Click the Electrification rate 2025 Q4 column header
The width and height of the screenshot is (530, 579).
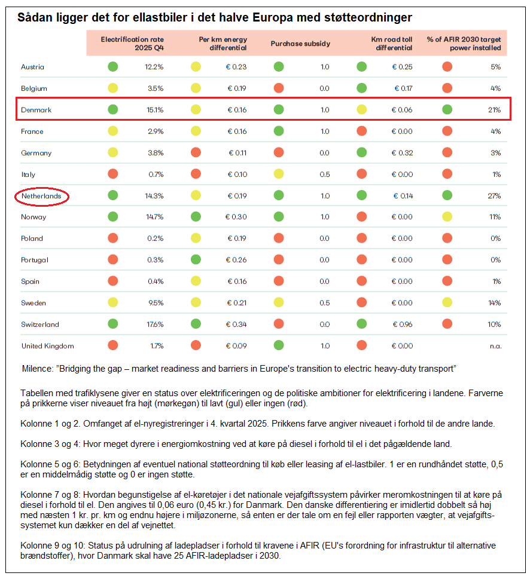pos(132,44)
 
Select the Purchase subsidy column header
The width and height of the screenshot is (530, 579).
pos(300,44)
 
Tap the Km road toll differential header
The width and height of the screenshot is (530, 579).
pos(392,44)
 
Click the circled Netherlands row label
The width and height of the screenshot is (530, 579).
pos(41,196)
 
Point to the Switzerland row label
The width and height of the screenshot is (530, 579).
pos(40,324)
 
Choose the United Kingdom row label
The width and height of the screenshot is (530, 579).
pos(48,346)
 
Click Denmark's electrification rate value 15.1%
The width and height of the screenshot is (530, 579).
pos(155,110)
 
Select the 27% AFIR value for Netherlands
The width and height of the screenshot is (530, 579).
pos(494,196)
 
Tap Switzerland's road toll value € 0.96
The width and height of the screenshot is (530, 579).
pos(402,324)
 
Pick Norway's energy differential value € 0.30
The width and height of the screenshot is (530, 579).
pos(236,217)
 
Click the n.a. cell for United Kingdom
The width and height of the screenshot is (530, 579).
pos(496,347)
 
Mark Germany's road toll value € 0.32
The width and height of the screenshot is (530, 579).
pos(402,153)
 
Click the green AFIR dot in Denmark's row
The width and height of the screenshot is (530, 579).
pos(447,110)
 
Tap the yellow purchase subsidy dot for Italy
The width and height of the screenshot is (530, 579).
pos(279,174)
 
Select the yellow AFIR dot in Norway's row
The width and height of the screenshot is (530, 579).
pos(447,217)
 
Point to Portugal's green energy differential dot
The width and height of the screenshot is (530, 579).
pos(196,259)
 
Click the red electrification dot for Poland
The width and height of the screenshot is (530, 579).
pos(112,238)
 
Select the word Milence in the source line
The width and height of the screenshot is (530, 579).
pos(38,369)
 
